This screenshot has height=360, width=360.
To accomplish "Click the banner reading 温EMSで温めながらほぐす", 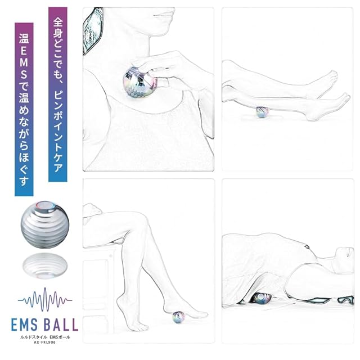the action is coord(24,109).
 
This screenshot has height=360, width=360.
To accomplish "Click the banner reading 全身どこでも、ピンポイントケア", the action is coord(58,94).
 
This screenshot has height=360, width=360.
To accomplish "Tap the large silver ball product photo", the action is coord(45,225).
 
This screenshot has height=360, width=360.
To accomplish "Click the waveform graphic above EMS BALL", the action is coord(45,300).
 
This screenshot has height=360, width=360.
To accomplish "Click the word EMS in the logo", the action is coord(24,325).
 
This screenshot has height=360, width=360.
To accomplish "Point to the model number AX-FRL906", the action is coord(45,343).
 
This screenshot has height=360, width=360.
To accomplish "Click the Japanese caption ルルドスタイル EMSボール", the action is coord(45,337).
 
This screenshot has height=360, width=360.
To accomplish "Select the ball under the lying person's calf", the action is coord(262,112).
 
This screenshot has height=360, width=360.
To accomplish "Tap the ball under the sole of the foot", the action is coord(178,317).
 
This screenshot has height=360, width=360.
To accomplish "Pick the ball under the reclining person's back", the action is coord(260,298).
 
